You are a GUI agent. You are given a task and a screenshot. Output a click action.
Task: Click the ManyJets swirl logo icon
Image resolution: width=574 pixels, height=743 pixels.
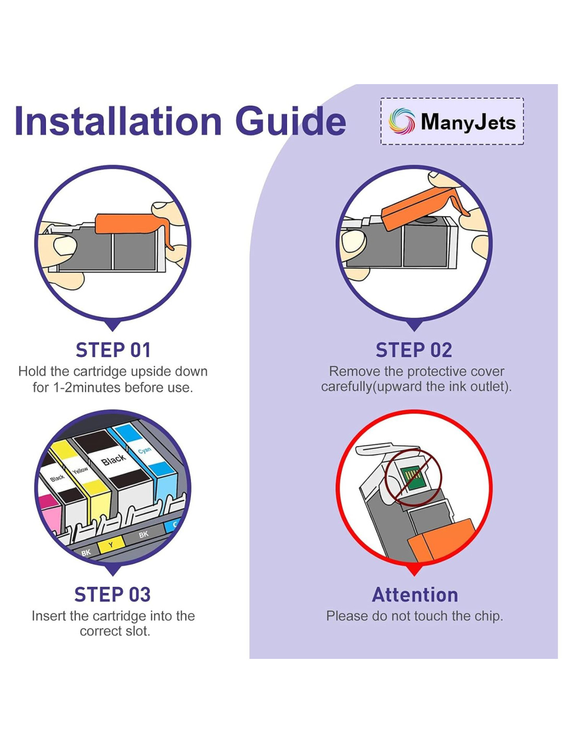coord(401,121)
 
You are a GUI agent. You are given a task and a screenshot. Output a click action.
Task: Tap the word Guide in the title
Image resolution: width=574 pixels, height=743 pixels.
coord(290,121)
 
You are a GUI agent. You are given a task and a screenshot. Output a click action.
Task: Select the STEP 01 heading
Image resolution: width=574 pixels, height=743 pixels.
coord(113,350)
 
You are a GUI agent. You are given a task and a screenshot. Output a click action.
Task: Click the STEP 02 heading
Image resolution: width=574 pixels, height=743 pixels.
coord(414,350)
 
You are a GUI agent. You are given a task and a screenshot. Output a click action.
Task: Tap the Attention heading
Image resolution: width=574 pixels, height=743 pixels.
coord(415,595)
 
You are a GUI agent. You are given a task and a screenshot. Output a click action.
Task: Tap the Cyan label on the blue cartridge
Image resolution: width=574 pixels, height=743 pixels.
coord(145,450)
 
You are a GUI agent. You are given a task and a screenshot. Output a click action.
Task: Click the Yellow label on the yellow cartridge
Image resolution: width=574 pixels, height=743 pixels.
coord(80,471)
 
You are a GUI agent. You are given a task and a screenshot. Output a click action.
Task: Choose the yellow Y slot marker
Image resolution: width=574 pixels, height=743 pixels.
coord(110,544)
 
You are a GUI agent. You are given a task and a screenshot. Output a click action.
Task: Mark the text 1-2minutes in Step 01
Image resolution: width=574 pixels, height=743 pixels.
coord(88,388)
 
